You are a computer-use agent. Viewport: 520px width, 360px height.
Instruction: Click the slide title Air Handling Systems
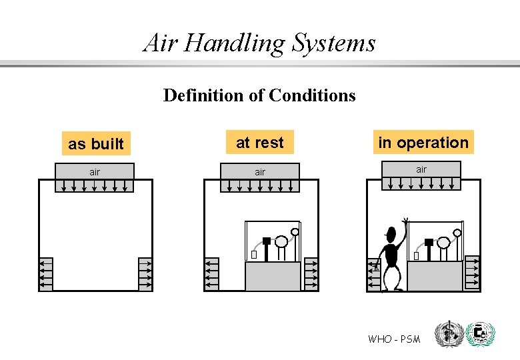(x=259, y=43)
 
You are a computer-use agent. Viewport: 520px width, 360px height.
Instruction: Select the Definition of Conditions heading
(x=259, y=95)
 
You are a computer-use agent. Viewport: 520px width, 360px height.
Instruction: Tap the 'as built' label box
(x=96, y=143)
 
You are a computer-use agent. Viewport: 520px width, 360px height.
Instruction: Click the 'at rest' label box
(x=259, y=142)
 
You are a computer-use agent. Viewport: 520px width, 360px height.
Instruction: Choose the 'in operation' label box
(x=423, y=142)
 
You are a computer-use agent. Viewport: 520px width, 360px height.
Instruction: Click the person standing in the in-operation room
(x=390, y=260)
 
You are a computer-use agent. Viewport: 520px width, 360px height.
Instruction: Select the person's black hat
(x=390, y=234)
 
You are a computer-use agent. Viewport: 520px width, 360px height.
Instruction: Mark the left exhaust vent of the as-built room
(x=46, y=273)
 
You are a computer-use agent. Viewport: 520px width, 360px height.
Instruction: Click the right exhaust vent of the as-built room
(x=145, y=273)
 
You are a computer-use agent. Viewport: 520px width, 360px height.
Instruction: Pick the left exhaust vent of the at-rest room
(x=211, y=273)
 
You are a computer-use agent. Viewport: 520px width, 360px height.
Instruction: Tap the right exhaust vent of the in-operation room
(x=472, y=272)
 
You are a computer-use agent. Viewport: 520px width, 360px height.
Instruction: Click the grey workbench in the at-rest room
(x=273, y=276)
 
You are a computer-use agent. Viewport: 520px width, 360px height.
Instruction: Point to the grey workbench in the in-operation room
(x=435, y=276)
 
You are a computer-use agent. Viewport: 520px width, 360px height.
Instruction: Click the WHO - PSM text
(x=394, y=339)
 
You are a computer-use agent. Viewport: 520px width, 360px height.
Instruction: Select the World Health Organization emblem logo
(x=447, y=334)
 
